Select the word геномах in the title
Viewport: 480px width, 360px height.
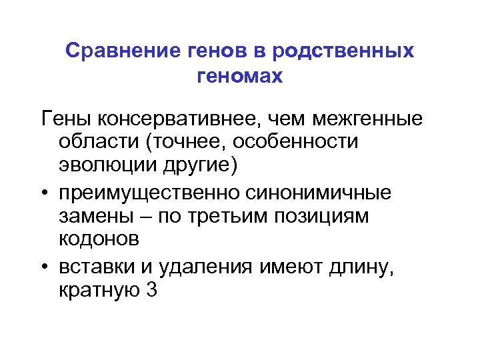240,77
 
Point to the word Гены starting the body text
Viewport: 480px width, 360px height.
65,119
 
